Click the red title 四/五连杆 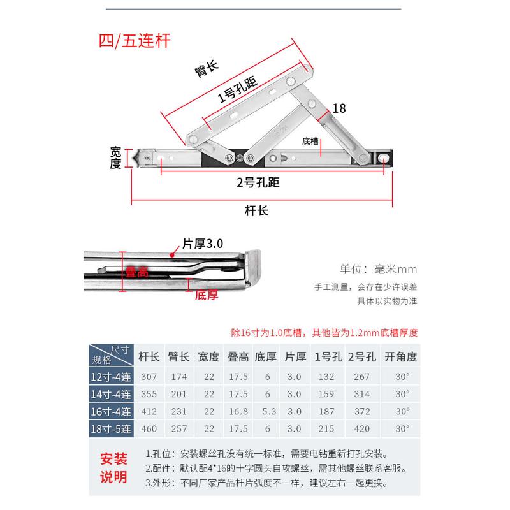(134, 40)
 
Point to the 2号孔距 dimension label (258, 183)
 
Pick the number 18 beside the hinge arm (339, 109)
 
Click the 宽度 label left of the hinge (115, 157)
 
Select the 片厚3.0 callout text (202, 243)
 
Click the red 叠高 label (136, 272)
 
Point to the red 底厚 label (207, 295)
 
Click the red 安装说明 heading (115, 467)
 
